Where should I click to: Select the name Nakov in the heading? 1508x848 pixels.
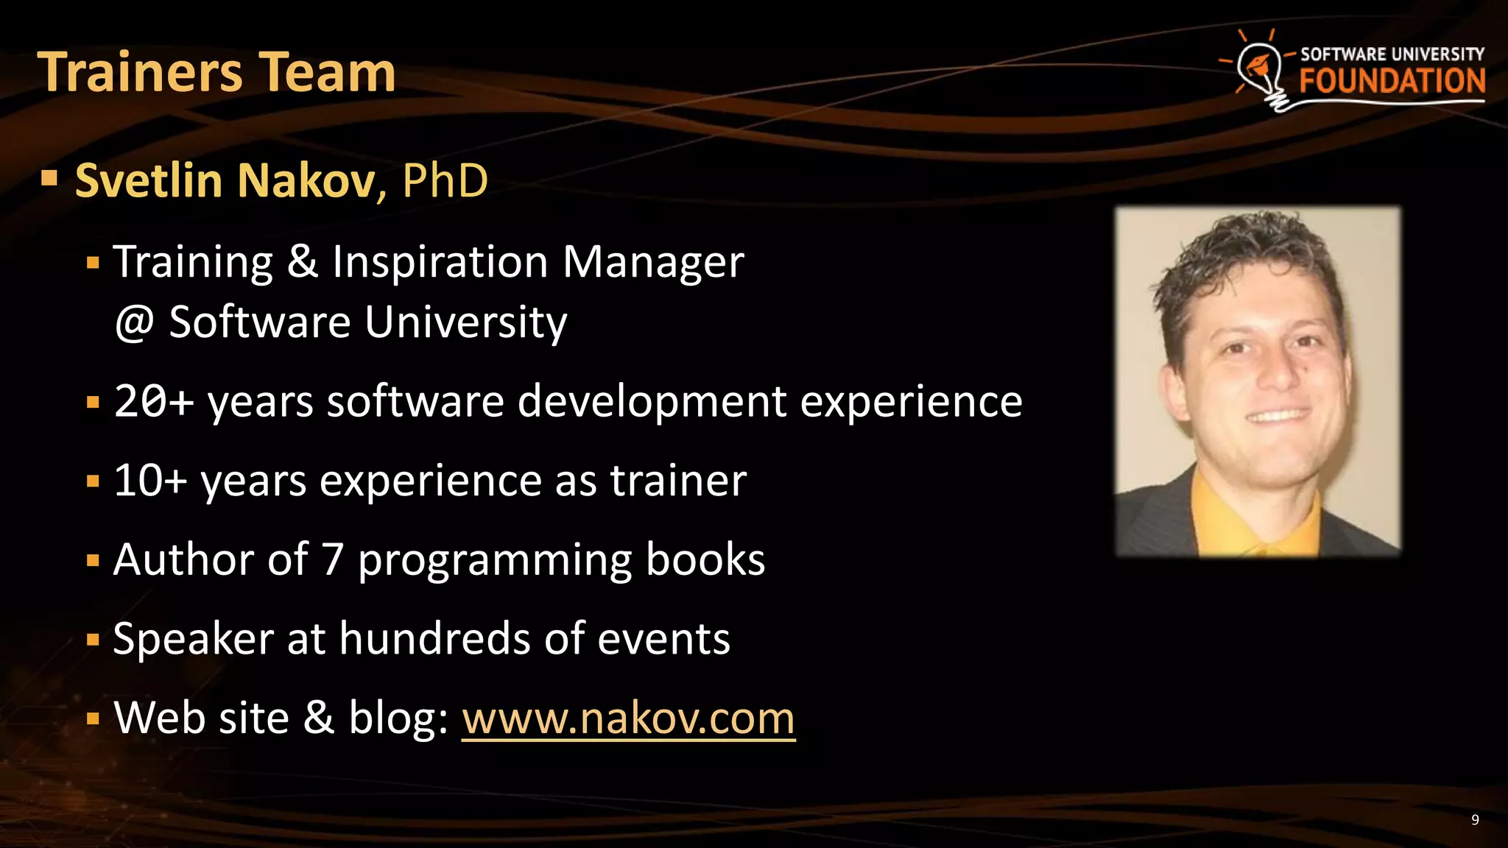(x=306, y=180)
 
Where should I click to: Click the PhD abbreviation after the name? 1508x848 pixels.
(x=445, y=180)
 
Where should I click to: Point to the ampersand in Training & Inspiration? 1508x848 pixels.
(x=302, y=261)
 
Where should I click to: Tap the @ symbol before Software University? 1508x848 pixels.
(x=134, y=323)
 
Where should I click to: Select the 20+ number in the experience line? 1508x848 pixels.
(x=153, y=402)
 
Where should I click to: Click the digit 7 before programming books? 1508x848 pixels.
(x=333, y=559)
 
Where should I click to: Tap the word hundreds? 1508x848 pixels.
(x=434, y=638)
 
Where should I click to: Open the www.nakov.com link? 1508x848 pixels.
(x=628, y=718)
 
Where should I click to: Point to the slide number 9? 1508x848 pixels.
(x=1475, y=820)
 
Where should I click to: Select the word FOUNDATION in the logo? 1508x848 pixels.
(x=1392, y=81)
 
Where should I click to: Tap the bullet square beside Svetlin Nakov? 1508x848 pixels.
(x=49, y=177)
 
